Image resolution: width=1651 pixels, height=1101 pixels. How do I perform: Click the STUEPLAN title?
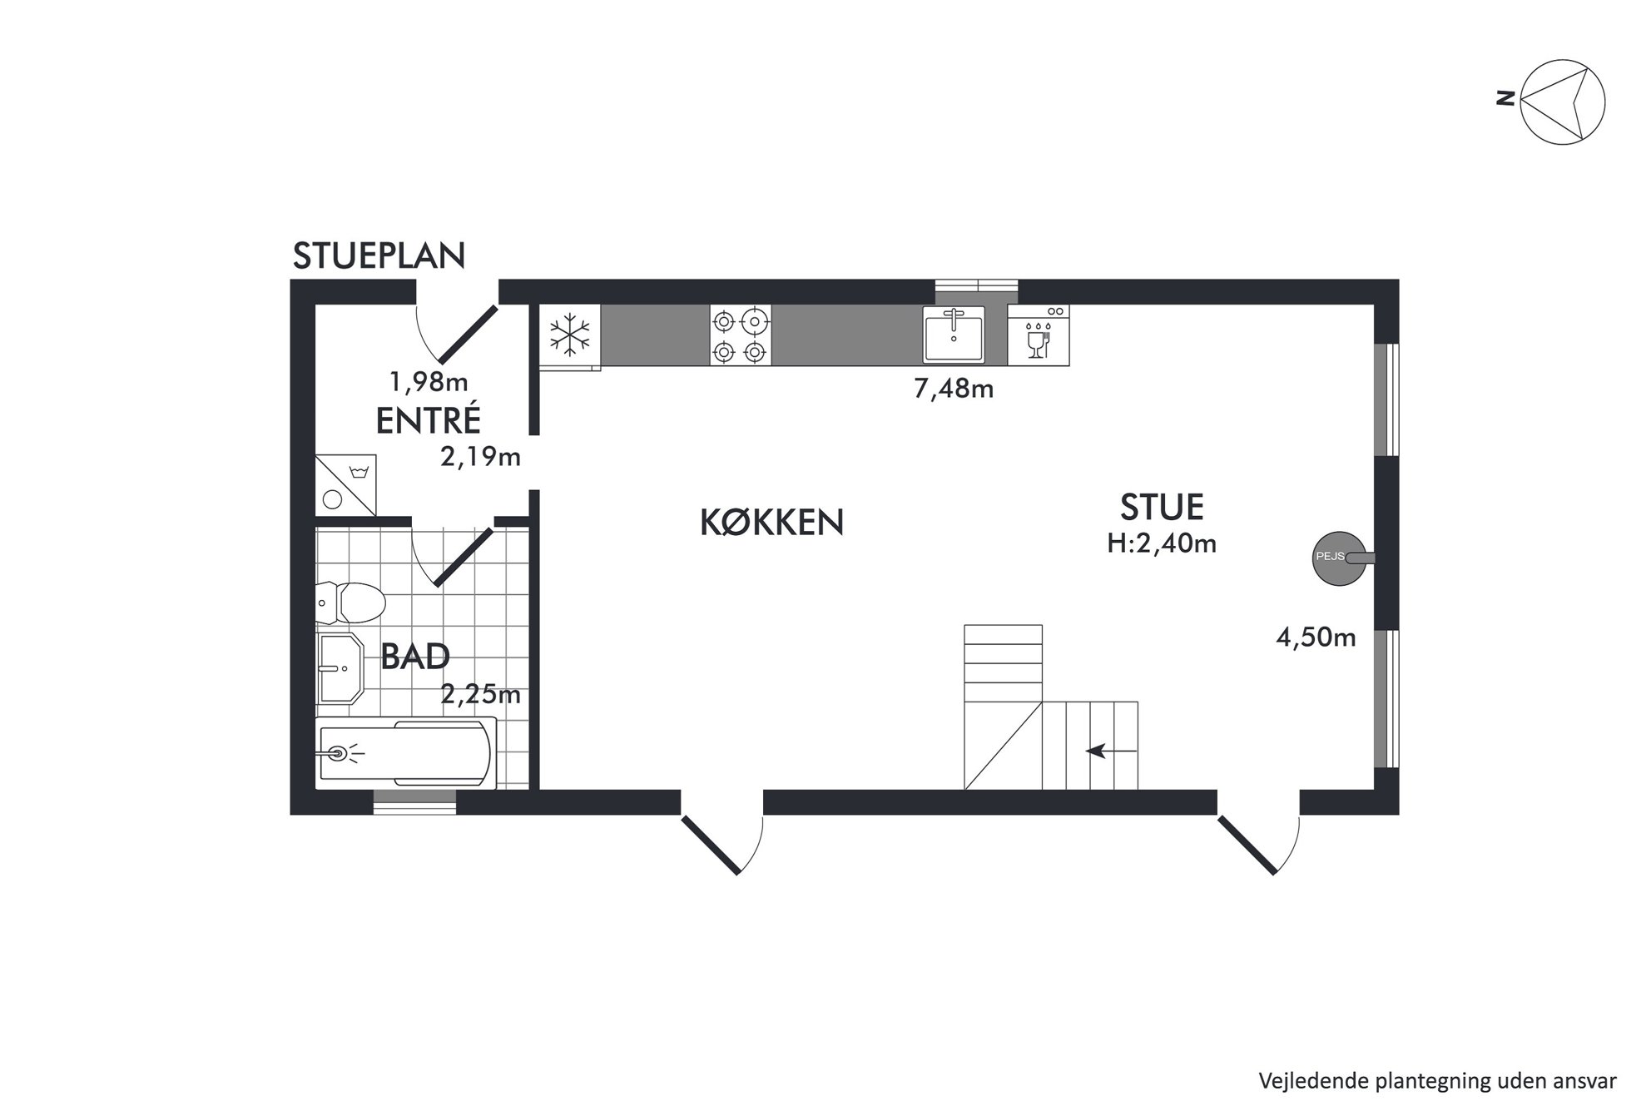(379, 256)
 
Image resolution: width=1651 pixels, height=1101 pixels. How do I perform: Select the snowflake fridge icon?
(570, 335)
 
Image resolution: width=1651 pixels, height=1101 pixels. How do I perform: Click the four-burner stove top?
(741, 335)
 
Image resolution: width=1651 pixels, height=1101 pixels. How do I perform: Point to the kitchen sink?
(953, 334)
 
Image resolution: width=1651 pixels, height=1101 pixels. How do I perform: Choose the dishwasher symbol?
(1039, 335)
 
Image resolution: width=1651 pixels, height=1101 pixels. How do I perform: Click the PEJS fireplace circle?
(1339, 558)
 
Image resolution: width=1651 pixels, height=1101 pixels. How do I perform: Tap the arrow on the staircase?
(1112, 751)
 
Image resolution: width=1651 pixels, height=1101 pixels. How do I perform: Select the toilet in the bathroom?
(350, 603)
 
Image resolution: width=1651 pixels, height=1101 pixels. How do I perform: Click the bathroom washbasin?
(340, 667)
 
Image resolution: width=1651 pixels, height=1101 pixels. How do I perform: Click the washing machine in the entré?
(346, 485)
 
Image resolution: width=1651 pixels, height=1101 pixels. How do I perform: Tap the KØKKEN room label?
(772, 523)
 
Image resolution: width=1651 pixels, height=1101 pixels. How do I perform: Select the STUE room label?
(1162, 507)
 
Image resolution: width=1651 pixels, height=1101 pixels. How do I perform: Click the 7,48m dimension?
(954, 389)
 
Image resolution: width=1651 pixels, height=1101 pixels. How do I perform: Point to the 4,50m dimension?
(1316, 637)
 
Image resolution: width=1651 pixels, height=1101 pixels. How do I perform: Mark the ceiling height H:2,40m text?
(1162, 543)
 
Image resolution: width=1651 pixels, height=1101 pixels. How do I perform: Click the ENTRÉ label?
(429, 420)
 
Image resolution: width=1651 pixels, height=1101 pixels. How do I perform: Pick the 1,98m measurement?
(429, 382)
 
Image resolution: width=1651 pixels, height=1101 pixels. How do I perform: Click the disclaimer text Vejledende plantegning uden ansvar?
(1437, 1081)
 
